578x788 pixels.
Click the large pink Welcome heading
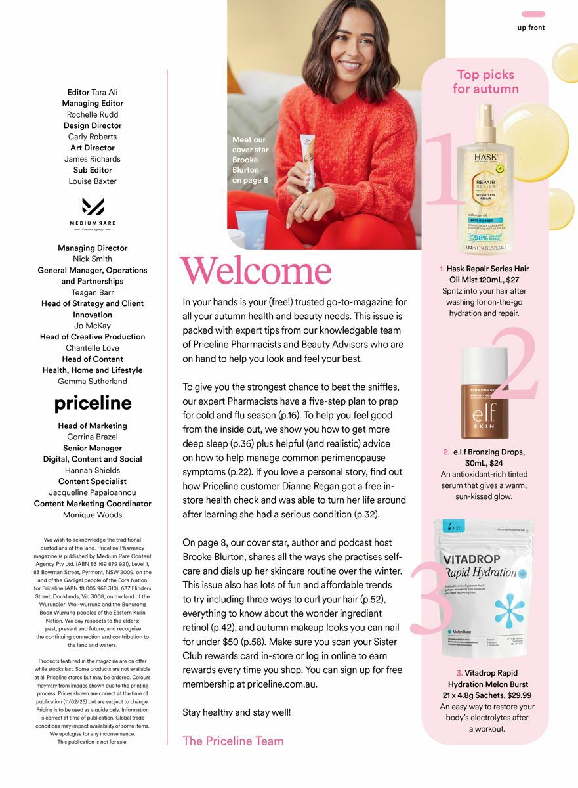256,271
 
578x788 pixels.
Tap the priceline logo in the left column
93,403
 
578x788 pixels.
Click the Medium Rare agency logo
93,212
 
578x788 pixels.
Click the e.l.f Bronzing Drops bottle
484,394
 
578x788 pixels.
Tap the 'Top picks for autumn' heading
485,81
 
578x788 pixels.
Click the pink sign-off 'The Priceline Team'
233,741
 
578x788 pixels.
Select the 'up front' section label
531,28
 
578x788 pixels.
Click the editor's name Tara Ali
105,92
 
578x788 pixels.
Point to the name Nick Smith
93,259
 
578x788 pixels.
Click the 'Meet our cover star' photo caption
251,160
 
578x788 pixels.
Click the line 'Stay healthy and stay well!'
236,712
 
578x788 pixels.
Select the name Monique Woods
93,515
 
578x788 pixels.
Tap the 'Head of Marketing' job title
93,426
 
